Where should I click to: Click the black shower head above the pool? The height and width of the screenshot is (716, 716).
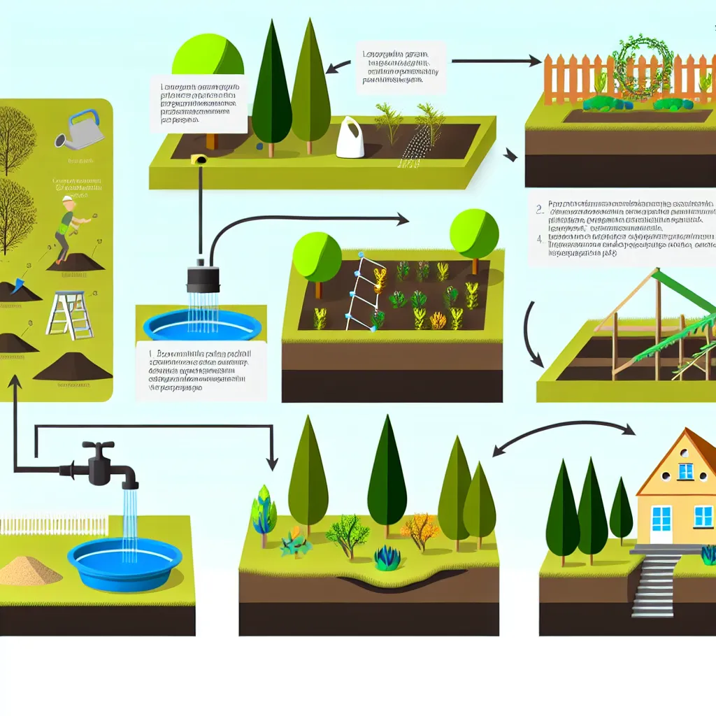(x=202, y=279)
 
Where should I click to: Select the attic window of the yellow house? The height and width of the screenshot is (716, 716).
(x=686, y=471)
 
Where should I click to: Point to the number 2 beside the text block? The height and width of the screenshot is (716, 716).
(x=539, y=208)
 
